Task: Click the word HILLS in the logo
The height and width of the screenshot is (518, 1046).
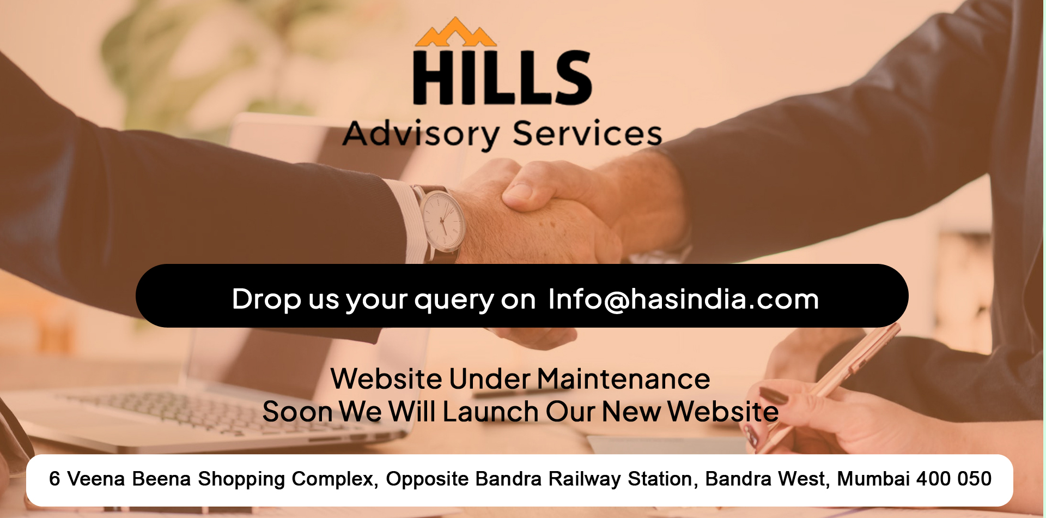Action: [502, 77]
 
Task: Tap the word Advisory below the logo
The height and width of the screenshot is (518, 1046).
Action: [421, 134]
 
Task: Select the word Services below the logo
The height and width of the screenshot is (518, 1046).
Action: [588, 134]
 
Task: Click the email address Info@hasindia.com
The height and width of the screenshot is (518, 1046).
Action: [684, 299]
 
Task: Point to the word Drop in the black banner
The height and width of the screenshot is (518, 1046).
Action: [266, 299]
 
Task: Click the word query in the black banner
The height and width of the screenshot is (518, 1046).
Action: [453, 300]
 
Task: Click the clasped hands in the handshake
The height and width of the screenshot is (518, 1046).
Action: [550, 213]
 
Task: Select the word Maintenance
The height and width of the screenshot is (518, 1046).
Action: [624, 378]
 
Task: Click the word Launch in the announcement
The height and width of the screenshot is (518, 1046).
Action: [490, 411]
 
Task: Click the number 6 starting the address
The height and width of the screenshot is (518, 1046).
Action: [54, 479]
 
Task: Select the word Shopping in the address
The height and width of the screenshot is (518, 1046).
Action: [241, 479]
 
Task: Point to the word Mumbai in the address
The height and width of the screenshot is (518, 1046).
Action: [873, 479]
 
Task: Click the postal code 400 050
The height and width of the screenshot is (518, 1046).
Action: [954, 479]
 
